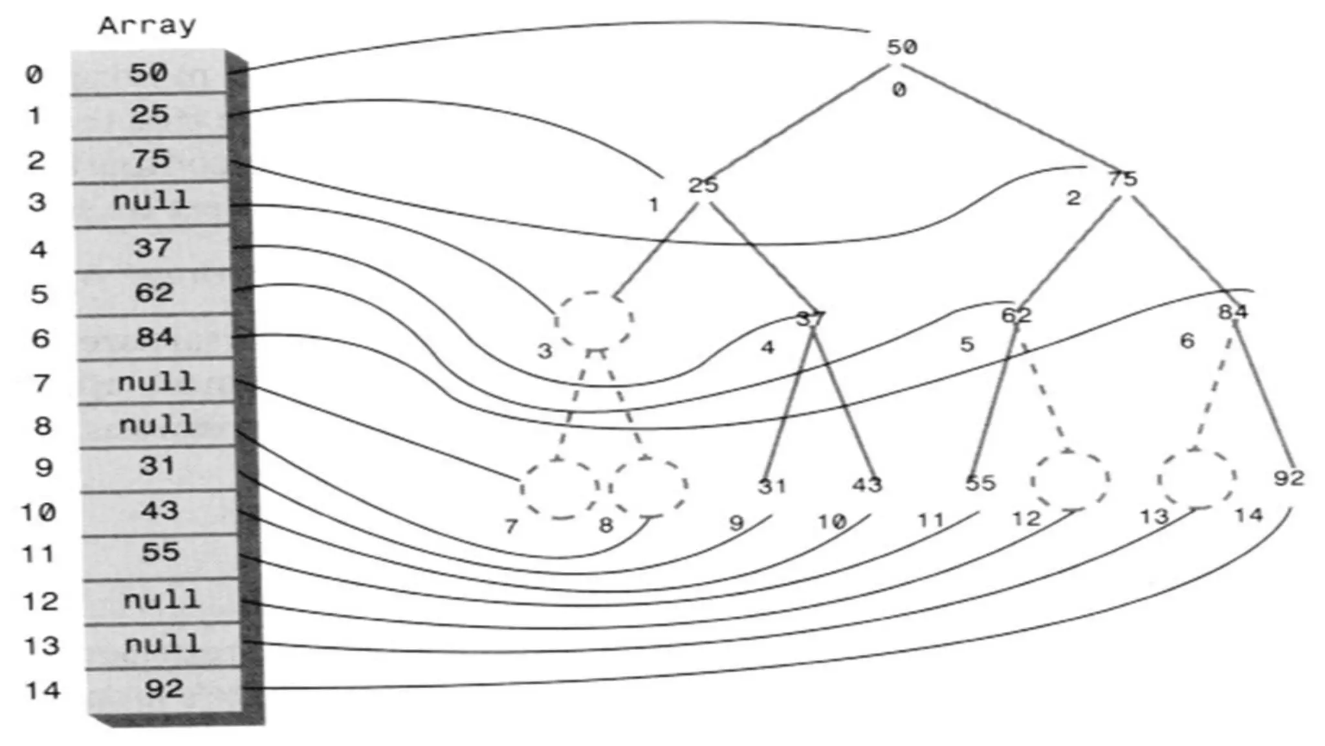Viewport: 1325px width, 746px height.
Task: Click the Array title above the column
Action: [147, 26]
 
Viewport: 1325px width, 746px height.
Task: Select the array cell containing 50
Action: [149, 73]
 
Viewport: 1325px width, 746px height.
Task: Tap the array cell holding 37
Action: [153, 248]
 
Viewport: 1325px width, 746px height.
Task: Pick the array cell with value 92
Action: [164, 688]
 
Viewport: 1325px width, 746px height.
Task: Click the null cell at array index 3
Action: [151, 201]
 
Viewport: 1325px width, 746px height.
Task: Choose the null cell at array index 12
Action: [162, 600]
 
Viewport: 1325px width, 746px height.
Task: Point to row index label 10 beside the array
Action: [39, 512]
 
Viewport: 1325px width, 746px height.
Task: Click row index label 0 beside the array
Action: [34, 74]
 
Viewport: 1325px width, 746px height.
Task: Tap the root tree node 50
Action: [901, 47]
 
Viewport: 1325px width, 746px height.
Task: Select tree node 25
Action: [703, 186]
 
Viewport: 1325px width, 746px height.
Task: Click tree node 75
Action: [1122, 178]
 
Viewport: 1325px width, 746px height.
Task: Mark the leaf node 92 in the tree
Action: [1288, 478]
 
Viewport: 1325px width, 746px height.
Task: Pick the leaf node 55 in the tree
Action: [980, 483]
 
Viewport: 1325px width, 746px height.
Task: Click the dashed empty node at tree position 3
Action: [594, 320]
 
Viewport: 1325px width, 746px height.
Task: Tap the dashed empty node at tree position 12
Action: [1070, 480]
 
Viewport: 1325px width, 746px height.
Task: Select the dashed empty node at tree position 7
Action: [560, 489]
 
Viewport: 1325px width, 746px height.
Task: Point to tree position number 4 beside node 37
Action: [767, 348]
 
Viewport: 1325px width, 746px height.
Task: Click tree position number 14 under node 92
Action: [1248, 515]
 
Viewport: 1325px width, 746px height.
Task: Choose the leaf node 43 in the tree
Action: [867, 484]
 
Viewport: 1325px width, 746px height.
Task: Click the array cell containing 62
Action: [154, 293]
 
